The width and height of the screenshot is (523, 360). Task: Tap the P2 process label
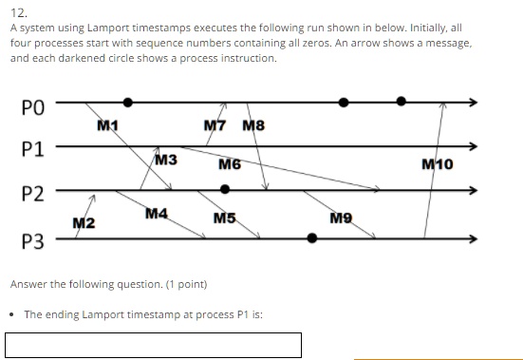pyautogui.click(x=31, y=194)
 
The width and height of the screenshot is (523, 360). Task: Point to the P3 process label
pyautogui.click(x=31, y=241)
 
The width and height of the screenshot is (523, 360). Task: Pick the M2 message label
pyautogui.click(x=84, y=222)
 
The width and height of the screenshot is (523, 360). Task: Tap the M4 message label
pyautogui.click(x=157, y=215)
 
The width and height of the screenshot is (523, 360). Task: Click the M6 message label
pyautogui.click(x=229, y=164)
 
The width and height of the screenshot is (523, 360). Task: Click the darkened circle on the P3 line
pyautogui.click(x=312, y=238)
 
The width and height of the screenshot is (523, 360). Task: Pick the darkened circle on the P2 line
pyautogui.click(x=225, y=189)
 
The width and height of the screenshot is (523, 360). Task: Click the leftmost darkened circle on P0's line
pyautogui.click(x=128, y=101)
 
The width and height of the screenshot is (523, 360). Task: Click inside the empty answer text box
pyautogui.click(x=153, y=344)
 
